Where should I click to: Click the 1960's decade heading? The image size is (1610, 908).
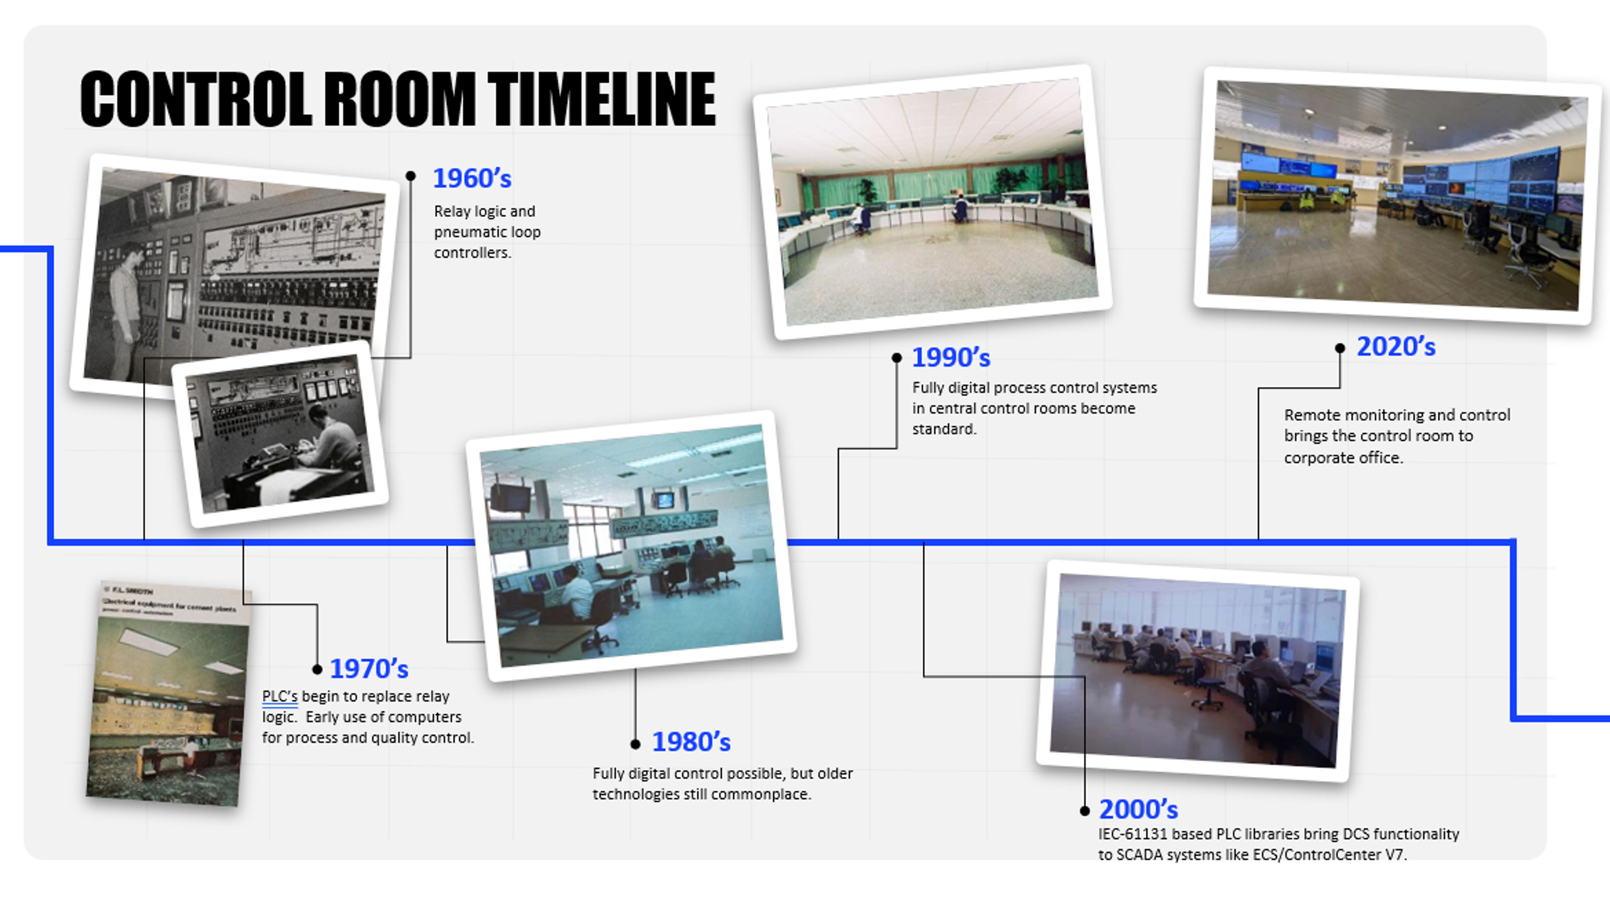(x=472, y=178)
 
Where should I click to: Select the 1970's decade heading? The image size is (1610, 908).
(x=369, y=669)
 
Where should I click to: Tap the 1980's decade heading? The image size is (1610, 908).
(x=691, y=742)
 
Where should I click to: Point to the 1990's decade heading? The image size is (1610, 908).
(x=950, y=358)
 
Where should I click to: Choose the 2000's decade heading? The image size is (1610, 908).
(x=1138, y=809)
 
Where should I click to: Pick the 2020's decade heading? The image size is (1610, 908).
(x=1396, y=346)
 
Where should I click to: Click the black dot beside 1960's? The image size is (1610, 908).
(x=410, y=176)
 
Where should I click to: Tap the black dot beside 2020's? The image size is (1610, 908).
(x=1340, y=349)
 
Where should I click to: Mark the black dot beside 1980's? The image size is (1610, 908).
(x=636, y=744)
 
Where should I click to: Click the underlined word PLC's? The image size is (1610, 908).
(x=279, y=697)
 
